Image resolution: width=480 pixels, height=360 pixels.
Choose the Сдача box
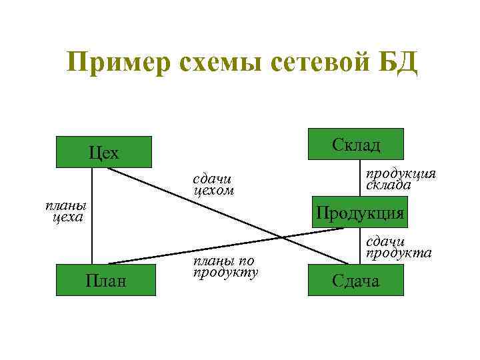pos(356,279)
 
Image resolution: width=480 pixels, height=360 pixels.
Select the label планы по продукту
pos(225,265)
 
